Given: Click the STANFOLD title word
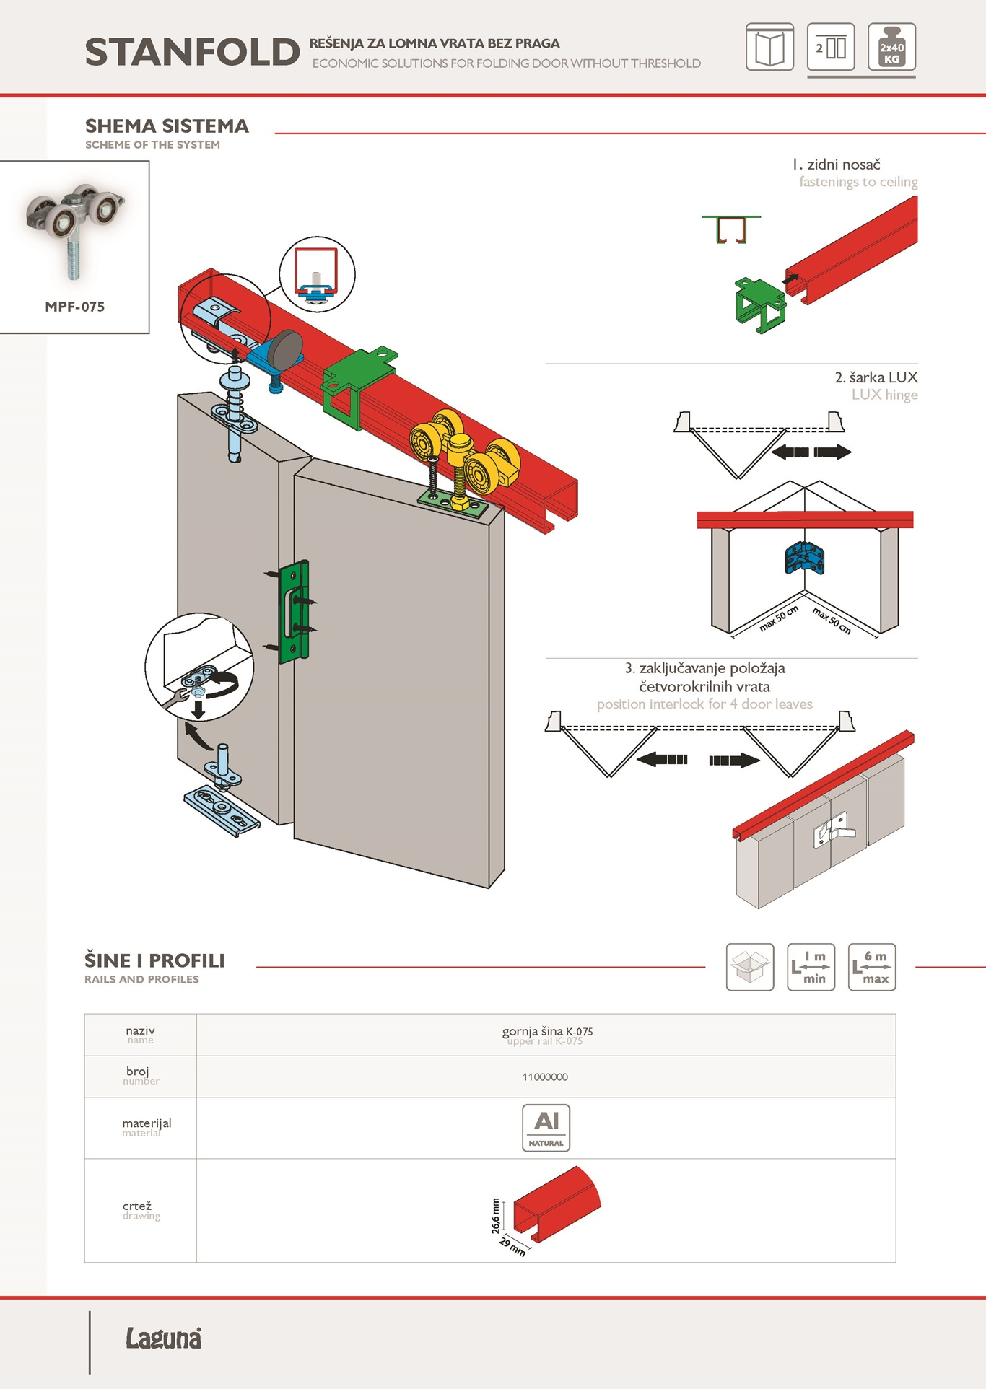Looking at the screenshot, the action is click(x=192, y=52).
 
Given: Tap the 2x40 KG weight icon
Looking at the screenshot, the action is click(x=892, y=47).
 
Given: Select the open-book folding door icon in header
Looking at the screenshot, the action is click(x=770, y=47).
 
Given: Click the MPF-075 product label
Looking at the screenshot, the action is click(x=74, y=307).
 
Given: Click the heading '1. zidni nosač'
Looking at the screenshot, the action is click(x=836, y=165).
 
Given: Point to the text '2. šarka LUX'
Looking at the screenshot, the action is click(x=876, y=377).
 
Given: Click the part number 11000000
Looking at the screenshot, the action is click(x=545, y=1077).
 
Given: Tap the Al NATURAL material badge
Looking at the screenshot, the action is click(x=546, y=1128).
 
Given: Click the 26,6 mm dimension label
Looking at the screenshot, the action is click(x=496, y=1216).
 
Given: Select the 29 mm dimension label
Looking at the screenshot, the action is click(x=512, y=1246).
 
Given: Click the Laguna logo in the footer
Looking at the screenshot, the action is click(x=164, y=1338).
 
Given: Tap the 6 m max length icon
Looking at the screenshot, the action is click(x=872, y=967).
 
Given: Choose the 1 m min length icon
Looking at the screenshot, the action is click(x=811, y=967).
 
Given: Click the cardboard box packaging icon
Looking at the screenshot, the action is click(x=750, y=967).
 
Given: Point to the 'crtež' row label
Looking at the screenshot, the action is click(x=137, y=1206).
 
